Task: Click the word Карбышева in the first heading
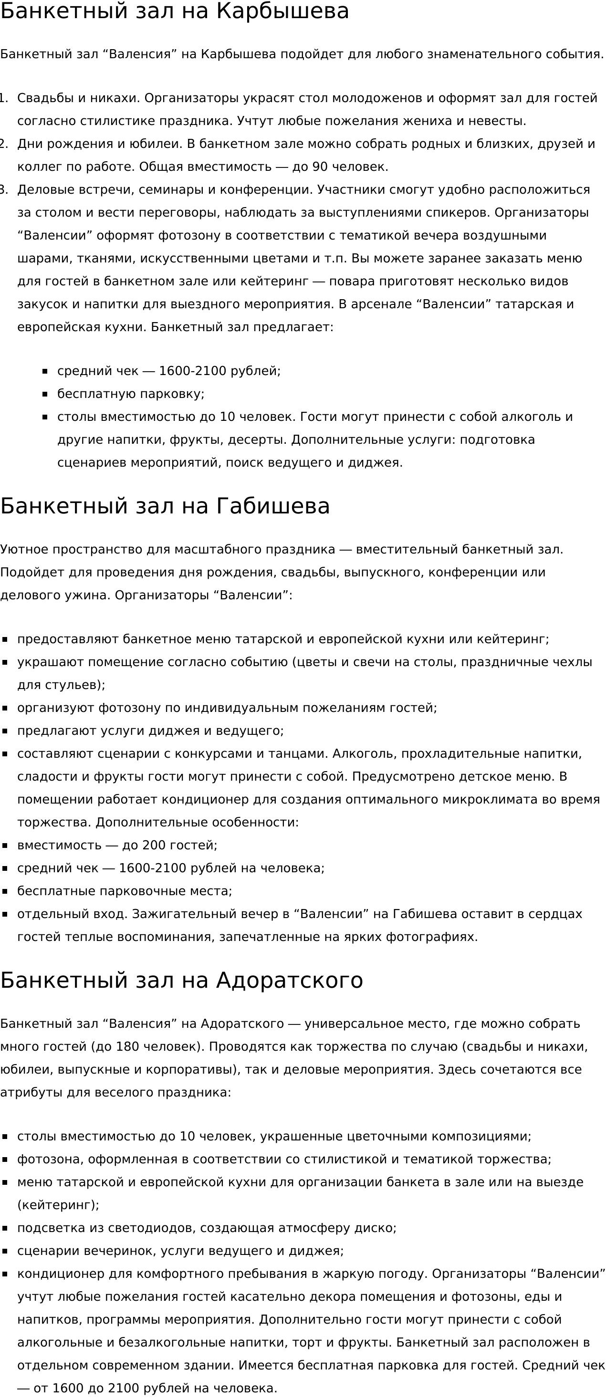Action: (x=282, y=11)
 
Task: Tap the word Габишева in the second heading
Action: (x=273, y=506)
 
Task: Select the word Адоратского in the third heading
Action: (x=289, y=981)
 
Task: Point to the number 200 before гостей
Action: (x=154, y=845)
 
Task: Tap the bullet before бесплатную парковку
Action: (x=45, y=394)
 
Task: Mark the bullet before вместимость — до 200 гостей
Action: (x=5, y=846)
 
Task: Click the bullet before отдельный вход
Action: (x=5, y=914)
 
